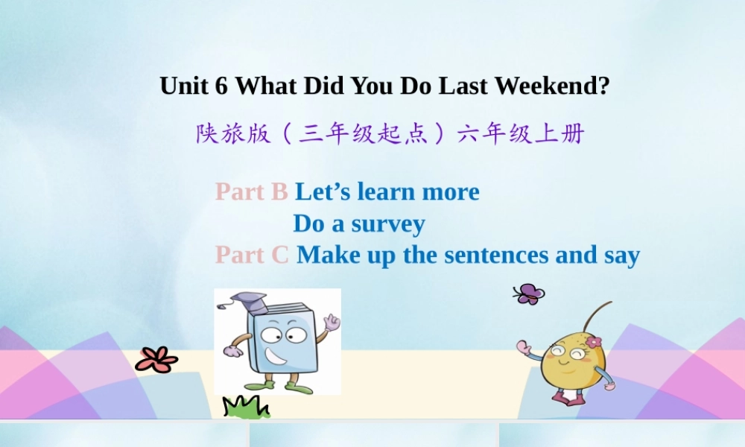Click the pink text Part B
click(251, 191)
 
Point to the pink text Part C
click(252, 255)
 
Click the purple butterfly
click(529, 294)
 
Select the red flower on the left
click(156, 360)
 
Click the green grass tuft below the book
click(246, 407)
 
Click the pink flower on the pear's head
click(593, 341)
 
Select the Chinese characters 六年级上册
click(521, 134)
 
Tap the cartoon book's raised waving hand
click(332, 323)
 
